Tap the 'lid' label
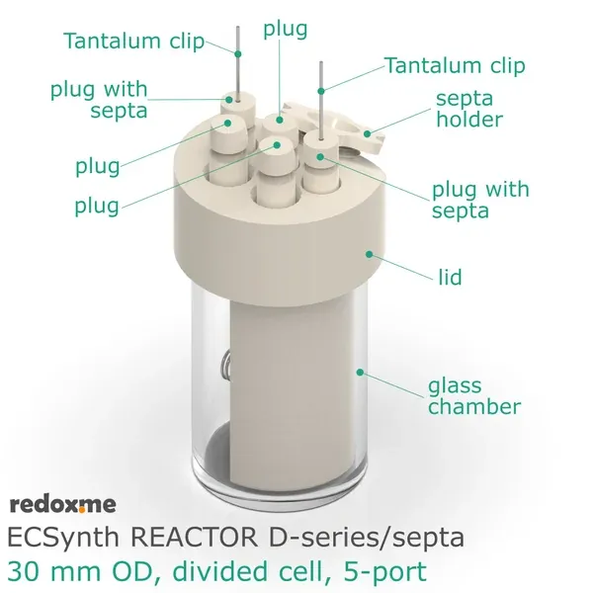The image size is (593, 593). coord(450,279)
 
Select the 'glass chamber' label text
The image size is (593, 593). coord(473,395)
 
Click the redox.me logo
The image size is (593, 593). coord(62,504)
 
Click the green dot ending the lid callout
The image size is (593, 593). coord(370,253)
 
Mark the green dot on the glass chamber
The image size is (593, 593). coord(363,374)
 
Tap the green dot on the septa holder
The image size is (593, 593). coord(367,131)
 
